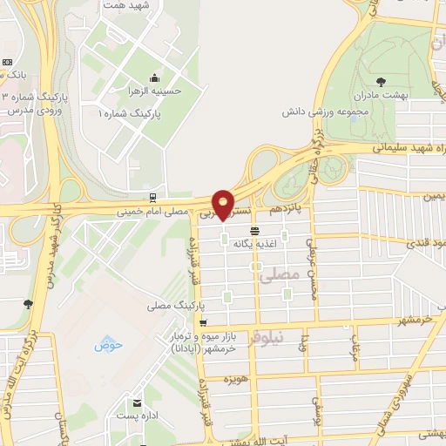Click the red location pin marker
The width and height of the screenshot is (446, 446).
pyautogui.click(x=225, y=206)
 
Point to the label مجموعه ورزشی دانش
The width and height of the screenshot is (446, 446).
pyautogui.click(x=323, y=112)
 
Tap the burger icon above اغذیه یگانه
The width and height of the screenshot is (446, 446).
pyautogui.click(x=254, y=231)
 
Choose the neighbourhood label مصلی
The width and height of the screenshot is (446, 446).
pyautogui.click(x=286, y=274)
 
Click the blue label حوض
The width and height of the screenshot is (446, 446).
pyautogui.click(x=110, y=345)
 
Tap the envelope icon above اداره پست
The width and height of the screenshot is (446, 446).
pyautogui.click(x=137, y=402)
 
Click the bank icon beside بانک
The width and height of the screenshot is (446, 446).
pyautogui.click(x=8, y=63)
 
